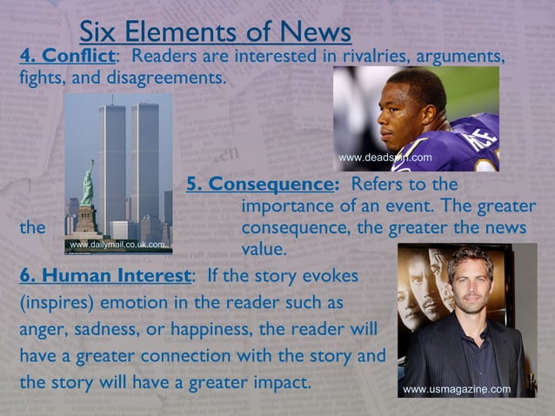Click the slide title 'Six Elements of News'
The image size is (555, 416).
coord(215,31)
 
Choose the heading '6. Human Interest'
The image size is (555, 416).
coord(104,276)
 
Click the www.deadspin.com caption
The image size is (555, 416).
coord(384,158)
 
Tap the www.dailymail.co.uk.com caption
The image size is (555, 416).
coord(117,245)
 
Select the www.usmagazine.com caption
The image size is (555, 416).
coord(457,389)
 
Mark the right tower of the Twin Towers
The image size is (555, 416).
coord(145,161)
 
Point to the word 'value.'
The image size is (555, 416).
coord(263,248)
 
